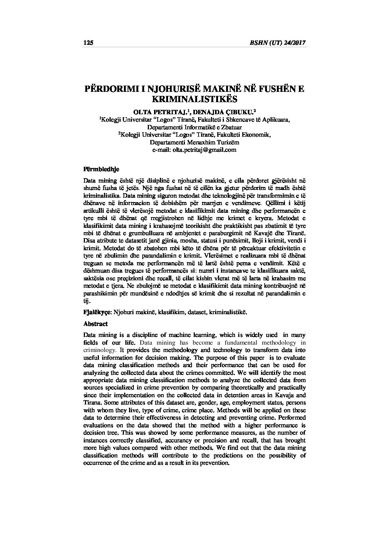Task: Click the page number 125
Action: pos(89,43)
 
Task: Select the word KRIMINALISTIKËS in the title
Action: pos(194,99)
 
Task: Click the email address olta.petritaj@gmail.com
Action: pos(194,150)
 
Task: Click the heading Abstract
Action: pos(96,324)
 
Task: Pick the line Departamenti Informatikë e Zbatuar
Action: pos(194,127)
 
